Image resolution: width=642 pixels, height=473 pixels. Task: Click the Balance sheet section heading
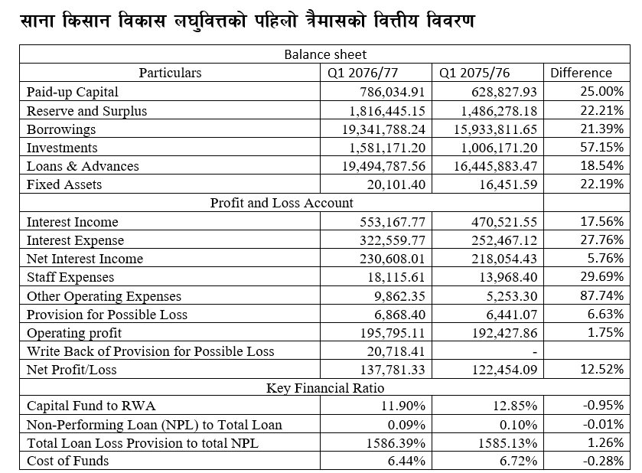pos(324,54)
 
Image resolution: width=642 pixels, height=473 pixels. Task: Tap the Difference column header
pos(582,73)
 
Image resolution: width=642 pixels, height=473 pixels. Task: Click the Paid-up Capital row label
pos(73,92)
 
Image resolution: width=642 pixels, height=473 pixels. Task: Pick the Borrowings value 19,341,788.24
pos(383,129)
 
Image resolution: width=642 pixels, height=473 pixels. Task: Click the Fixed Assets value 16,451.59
pos(506,184)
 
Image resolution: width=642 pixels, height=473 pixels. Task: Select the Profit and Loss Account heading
pos(282,203)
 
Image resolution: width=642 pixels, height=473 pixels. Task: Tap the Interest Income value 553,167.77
pos(392,222)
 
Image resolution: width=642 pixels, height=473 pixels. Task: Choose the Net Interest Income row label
pos(85,259)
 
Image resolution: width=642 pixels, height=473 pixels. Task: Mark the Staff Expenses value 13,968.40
pos(506,277)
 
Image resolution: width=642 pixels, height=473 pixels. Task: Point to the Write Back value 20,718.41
pos(396,351)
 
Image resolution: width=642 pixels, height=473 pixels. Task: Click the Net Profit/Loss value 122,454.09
pos(502,370)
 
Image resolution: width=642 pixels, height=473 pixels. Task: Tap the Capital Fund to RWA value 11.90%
pos(403,406)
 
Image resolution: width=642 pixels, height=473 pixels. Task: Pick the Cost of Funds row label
pos(68,461)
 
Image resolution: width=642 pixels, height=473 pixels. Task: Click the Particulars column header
pos(170,73)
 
